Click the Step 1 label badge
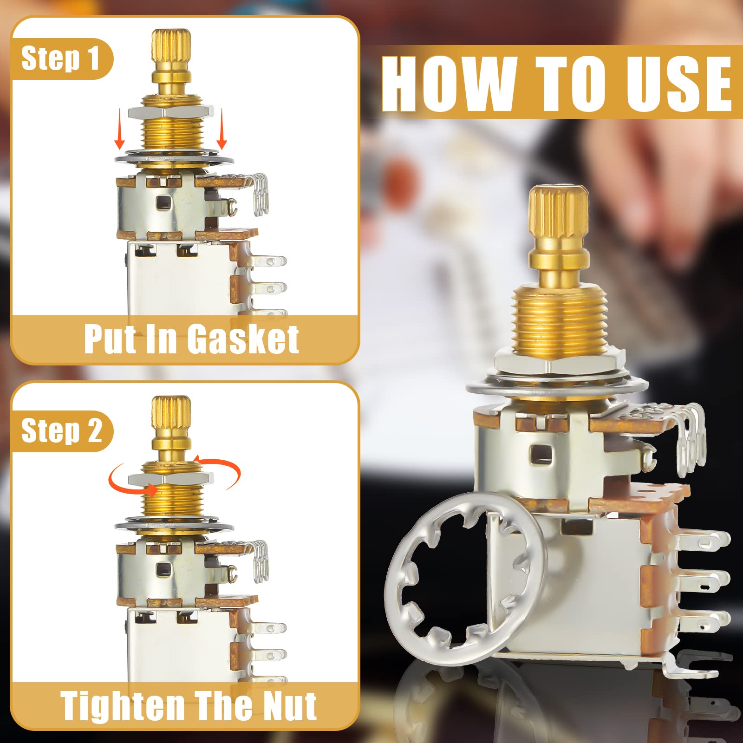point(60,59)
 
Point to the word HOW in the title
point(449,84)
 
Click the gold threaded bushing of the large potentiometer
point(559,320)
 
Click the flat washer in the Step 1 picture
point(174,159)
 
